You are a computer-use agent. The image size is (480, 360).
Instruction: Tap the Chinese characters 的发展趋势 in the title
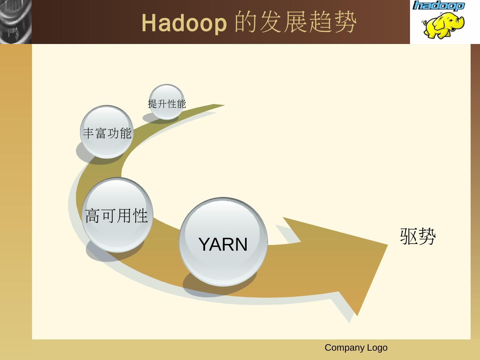click(x=296, y=22)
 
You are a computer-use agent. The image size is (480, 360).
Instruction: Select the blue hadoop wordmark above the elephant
click(x=438, y=6)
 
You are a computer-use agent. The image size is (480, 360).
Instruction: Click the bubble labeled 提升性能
click(x=167, y=102)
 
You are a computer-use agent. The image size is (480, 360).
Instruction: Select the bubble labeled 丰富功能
click(x=107, y=132)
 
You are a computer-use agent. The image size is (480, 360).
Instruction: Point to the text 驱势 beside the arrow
click(x=418, y=236)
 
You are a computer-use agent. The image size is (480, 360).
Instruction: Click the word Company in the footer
click(x=345, y=348)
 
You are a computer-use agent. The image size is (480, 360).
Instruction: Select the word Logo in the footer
click(x=377, y=348)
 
